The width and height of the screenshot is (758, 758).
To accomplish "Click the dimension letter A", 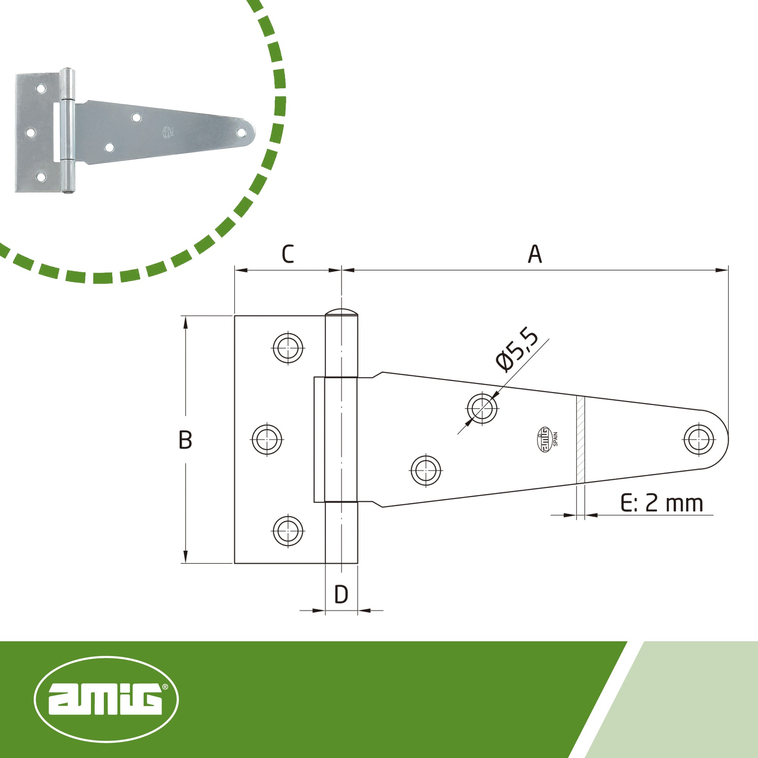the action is point(535,254).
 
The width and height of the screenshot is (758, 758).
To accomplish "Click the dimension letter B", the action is point(186,439).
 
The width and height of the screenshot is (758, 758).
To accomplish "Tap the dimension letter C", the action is point(288,254).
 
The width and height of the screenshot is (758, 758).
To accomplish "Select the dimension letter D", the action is point(341,594).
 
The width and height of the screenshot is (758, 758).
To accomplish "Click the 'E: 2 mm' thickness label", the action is point(661,503).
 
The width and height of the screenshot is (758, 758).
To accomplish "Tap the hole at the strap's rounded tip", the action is point(699,439).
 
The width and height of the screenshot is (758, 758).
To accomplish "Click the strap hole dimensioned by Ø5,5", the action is point(482,408).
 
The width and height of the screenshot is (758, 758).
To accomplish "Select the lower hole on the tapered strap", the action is point(426,470).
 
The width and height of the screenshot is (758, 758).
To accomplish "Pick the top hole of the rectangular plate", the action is point(288,348).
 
